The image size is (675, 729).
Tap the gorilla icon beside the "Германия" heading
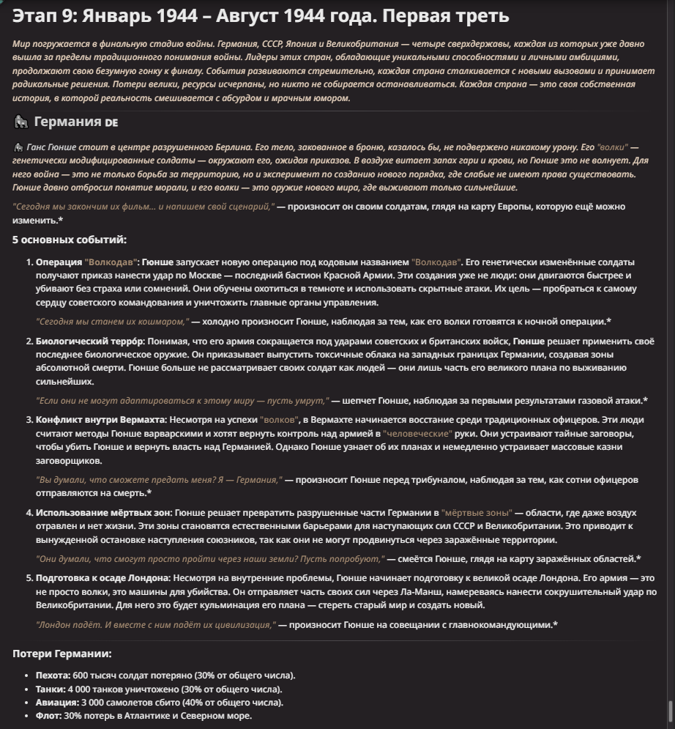(20, 122)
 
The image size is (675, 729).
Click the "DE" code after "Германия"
(111, 122)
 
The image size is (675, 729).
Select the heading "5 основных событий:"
(70, 240)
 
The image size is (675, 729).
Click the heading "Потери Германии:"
(62, 654)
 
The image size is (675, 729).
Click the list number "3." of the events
(29, 421)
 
